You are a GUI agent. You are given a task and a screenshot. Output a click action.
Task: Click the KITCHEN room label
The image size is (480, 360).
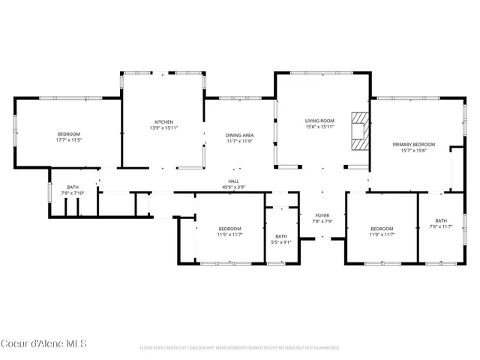point(164,121)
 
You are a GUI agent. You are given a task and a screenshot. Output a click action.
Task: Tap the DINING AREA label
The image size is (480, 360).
point(239,135)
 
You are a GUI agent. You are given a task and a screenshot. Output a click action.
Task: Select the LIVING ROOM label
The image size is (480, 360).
point(319,121)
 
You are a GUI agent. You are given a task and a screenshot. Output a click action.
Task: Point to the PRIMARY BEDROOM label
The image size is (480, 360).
point(413,144)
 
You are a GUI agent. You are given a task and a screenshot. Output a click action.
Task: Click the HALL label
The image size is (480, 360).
point(233,181)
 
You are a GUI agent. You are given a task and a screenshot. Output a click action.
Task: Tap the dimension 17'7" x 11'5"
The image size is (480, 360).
point(68,140)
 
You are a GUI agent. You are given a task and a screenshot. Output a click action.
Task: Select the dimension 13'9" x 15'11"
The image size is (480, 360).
point(164,127)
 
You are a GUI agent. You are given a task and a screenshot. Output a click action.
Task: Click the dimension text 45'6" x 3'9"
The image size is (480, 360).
point(233,187)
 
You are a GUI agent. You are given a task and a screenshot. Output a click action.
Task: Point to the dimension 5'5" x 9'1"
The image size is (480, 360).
point(281,242)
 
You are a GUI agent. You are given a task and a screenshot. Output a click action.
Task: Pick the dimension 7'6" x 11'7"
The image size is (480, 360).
point(440,226)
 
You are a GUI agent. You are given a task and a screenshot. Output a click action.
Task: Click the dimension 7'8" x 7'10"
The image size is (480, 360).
point(73,193)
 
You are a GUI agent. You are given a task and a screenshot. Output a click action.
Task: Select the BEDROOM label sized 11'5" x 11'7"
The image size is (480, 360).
point(229,229)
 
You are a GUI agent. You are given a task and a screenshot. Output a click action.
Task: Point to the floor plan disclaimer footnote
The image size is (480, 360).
point(240,348)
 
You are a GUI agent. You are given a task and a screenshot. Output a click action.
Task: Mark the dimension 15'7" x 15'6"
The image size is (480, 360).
point(413,150)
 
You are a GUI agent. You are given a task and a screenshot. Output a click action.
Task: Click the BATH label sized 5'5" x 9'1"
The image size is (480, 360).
point(281,236)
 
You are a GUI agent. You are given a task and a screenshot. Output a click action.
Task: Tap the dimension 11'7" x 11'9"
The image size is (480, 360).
point(239,141)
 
